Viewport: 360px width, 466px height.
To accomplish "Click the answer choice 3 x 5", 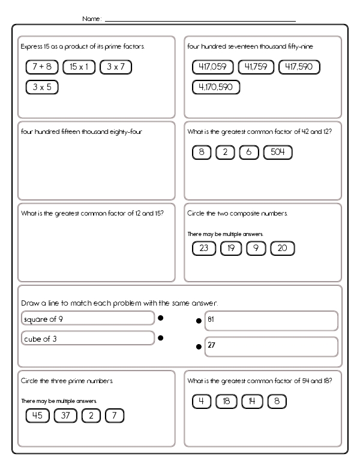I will click(x=42, y=87).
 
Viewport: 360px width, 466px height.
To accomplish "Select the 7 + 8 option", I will click(x=42, y=67).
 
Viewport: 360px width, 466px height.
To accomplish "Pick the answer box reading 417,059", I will click(x=213, y=67).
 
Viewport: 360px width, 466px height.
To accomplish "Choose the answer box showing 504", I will click(x=277, y=152).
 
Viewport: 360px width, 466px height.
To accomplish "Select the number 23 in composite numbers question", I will click(x=203, y=248).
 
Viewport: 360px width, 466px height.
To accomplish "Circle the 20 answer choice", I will click(x=283, y=248).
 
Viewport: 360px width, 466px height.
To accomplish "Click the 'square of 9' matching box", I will click(x=88, y=319).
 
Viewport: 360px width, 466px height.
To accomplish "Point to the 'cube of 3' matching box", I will click(x=88, y=339).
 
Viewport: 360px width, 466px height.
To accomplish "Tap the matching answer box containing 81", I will click(x=271, y=321).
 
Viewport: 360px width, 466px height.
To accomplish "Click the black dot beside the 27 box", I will click(x=199, y=346).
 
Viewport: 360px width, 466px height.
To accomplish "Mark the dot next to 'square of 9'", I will click(x=160, y=319).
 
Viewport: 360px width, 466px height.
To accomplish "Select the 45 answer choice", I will click(x=37, y=416).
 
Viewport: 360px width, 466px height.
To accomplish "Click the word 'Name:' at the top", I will click(x=92, y=19).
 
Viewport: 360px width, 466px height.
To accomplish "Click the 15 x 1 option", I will click(x=79, y=67).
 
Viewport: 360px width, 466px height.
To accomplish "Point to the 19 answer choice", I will click(x=230, y=248).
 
